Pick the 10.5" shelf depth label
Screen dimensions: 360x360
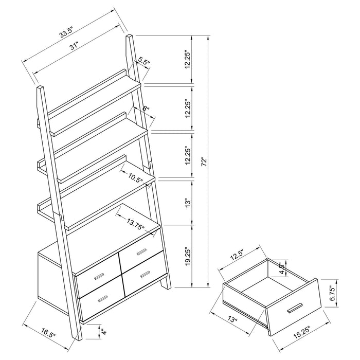click(x=136, y=178)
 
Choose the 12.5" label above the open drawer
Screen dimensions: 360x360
click(x=237, y=255)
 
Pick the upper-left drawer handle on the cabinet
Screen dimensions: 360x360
click(x=98, y=277)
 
